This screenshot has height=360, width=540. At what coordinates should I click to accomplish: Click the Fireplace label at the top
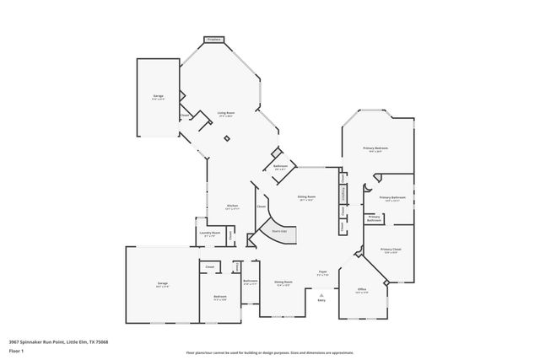(213, 39)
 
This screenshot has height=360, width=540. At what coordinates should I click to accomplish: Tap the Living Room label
(226, 113)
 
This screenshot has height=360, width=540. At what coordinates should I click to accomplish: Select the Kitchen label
(232, 207)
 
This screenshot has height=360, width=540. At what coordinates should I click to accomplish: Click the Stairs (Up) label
(278, 230)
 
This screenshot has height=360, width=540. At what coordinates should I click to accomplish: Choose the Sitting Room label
(305, 197)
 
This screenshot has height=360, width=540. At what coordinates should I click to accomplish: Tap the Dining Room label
(283, 282)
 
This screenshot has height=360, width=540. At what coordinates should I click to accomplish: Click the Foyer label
(322, 272)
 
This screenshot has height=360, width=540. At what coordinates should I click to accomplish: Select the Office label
(361, 289)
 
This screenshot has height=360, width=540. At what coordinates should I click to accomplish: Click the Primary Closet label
(390, 250)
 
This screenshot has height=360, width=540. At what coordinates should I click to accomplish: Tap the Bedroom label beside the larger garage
(219, 297)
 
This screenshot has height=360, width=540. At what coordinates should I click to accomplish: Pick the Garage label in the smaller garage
(158, 98)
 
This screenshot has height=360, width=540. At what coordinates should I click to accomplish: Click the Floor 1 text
(17, 350)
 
